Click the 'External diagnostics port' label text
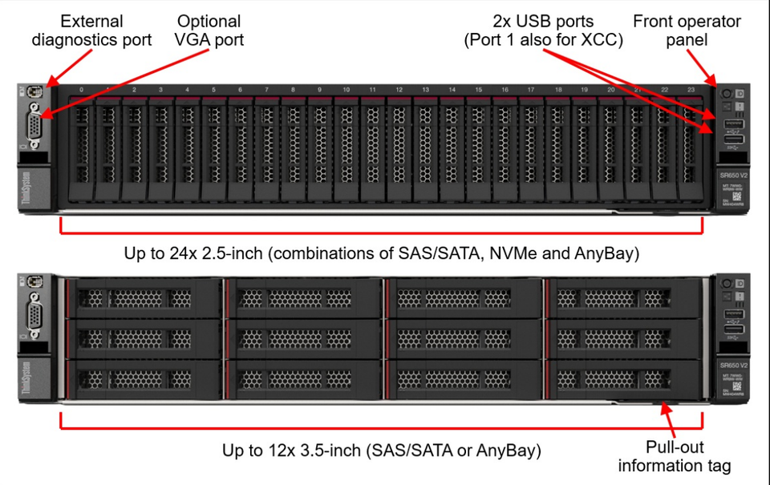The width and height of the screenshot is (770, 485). tap(91, 30)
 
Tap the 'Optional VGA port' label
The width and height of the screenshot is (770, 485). tap(209, 30)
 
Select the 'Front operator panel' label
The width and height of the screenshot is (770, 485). tap(687, 30)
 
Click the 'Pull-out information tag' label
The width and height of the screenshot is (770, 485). tap(675, 456)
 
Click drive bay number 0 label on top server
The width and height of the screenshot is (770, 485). tap(81, 90)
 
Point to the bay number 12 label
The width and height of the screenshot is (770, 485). tap(399, 90)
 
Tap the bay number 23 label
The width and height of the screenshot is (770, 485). tap(691, 90)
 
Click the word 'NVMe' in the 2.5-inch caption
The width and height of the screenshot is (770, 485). tap(533, 254)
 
